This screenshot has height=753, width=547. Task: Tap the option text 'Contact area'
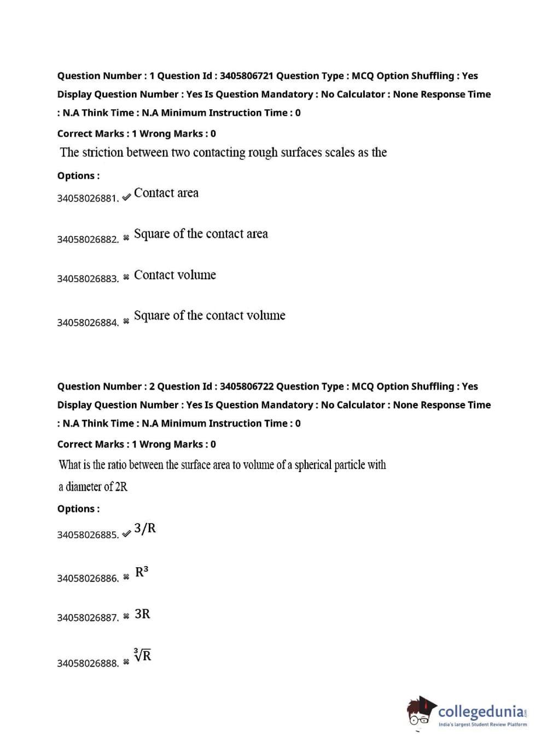[x=166, y=193]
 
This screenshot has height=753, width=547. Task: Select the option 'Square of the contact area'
[x=201, y=234]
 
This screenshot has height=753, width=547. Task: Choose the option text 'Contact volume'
[x=175, y=275]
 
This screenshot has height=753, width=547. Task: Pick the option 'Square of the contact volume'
[x=210, y=315]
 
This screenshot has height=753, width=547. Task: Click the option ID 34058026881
[x=88, y=198]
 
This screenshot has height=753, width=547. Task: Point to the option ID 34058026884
[x=88, y=322]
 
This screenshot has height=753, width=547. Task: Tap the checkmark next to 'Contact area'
[x=126, y=197]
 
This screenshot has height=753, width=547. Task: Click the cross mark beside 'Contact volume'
[x=126, y=277]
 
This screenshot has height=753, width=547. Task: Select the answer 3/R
[x=145, y=528]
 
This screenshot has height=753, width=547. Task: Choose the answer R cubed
[x=142, y=572]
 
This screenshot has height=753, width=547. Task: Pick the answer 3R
[x=142, y=614]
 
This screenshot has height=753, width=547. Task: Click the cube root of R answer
[x=143, y=655]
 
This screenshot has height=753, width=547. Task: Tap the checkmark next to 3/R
[x=126, y=533]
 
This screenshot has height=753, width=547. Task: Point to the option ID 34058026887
[x=88, y=618]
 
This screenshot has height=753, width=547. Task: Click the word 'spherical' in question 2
[x=313, y=465]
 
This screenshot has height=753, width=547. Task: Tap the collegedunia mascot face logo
[x=420, y=711]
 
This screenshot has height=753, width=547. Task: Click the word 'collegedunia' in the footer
[x=481, y=711]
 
